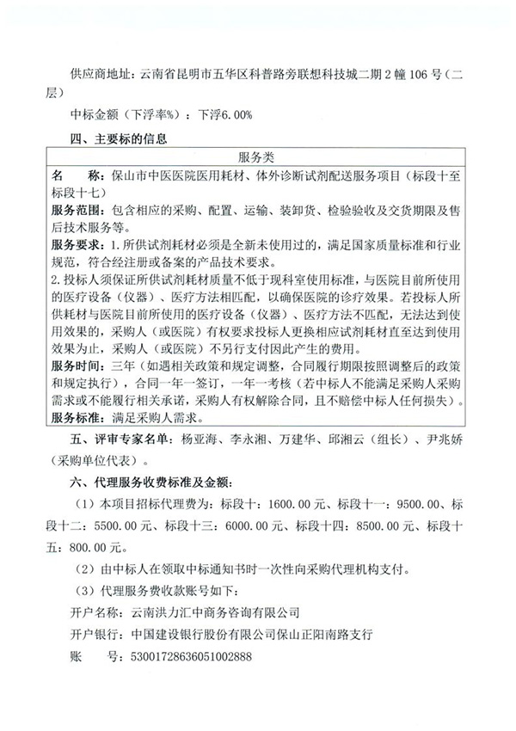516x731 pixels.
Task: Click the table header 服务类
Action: click(x=257, y=157)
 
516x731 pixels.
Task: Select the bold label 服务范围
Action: click(x=76, y=212)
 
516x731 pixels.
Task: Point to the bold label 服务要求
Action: click(x=76, y=246)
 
